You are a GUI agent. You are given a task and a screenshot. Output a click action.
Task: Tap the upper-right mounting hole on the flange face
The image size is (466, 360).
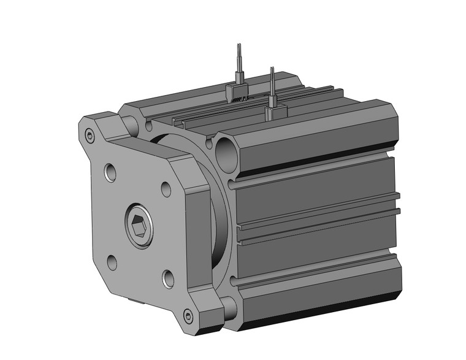pyautogui.click(x=166, y=190)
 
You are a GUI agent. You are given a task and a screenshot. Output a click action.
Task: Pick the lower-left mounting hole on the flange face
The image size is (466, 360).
pyautogui.click(x=112, y=262)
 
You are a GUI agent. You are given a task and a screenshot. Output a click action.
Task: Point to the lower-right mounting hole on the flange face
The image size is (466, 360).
pyautogui.click(x=167, y=279)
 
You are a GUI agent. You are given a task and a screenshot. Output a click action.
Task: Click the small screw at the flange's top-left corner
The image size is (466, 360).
pyautogui.click(x=91, y=136)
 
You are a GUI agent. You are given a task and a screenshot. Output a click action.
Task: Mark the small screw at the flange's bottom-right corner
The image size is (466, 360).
pyautogui.click(x=188, y=316)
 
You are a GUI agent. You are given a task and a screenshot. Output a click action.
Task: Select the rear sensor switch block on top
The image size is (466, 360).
pyautogui.click(x=236, y=92)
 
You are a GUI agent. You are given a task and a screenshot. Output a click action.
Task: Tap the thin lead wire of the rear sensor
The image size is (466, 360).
pyautogui.click(x=238, y=61)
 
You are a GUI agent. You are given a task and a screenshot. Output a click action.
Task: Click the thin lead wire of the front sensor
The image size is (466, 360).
pyautogui.click(x=272, y=83)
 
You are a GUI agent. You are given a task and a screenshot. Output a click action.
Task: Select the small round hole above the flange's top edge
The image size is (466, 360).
pyautogui.click(x=148, y=128)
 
